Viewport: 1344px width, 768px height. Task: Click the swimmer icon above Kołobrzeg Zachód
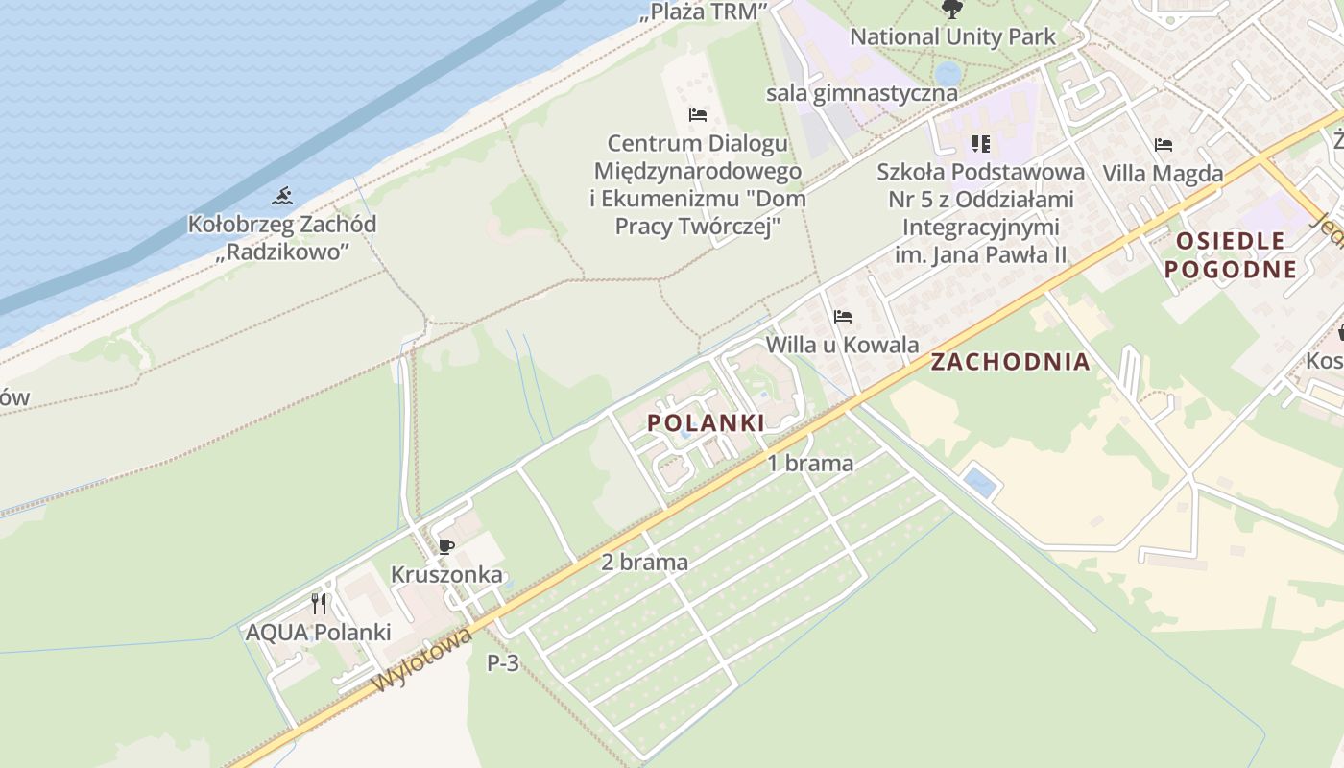282,197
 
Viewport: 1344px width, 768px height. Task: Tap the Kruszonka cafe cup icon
445,546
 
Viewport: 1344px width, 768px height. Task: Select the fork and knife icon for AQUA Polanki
319,604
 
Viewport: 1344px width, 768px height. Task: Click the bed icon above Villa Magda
1164,145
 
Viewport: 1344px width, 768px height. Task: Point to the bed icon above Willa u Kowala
843,316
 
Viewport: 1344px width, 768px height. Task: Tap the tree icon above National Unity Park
952,10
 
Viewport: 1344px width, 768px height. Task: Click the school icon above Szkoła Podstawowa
980,144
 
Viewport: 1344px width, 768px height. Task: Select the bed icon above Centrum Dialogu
698,115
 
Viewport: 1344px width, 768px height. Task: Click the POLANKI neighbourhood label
706,423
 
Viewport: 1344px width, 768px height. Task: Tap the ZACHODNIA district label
1010,362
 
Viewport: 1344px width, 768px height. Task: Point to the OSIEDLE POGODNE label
1231,254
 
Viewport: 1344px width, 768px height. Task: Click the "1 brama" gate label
810,464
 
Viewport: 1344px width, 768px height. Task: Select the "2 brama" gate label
644,563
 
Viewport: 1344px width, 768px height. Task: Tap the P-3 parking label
503,662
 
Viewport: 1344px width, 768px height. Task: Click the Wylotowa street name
423,660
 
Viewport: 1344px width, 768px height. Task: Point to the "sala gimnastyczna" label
861,93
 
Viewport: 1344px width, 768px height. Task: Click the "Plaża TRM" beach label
706,12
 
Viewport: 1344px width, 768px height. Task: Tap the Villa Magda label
1163,174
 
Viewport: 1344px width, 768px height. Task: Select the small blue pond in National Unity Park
948,73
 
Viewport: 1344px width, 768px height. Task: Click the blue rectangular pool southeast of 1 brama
980,482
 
